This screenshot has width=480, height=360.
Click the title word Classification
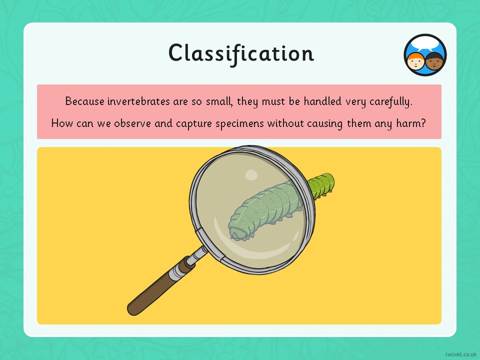(241, 53)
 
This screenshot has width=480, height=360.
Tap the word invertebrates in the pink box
(138, 101)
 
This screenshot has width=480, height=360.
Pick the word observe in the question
(132, 123)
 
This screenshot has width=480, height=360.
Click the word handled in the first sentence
(322, 101)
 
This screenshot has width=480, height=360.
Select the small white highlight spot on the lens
(251, 175)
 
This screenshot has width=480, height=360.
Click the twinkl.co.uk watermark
(460, 354)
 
